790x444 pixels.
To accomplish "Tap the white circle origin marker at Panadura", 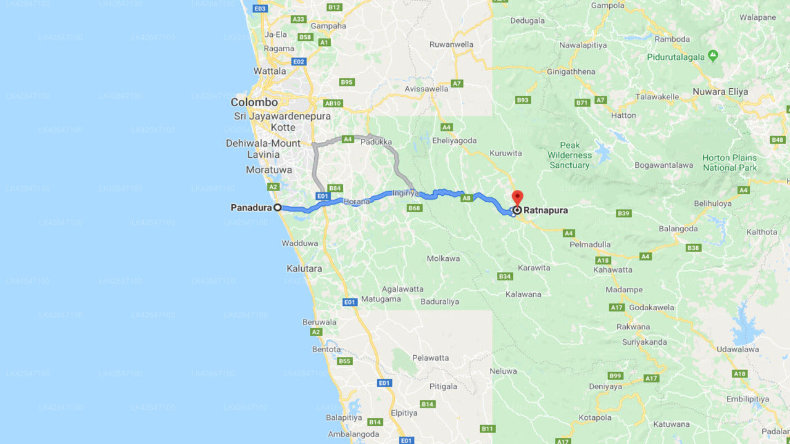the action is coord(278,208).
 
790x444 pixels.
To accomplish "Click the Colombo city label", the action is coord(254,102).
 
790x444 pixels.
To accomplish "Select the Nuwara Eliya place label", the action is coord(720,92).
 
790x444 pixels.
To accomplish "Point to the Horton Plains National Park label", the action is coord(730,163).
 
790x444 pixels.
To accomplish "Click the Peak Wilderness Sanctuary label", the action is coord(570,155).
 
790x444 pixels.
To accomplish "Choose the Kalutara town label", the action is coord(304,269).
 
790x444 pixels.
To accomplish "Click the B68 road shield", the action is coord(414,208).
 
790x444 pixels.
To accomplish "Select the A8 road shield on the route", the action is coord(467,198).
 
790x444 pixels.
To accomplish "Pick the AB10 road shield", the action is coord(333,104).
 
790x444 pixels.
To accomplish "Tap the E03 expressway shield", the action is coord(260,8).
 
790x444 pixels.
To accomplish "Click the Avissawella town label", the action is coord(426,88).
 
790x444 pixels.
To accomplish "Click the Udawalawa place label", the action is coord(738,349).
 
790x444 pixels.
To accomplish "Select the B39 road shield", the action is coord(624,213).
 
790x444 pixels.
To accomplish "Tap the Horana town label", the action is coord(358,202).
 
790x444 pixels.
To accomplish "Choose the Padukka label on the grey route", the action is coord(376,142).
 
